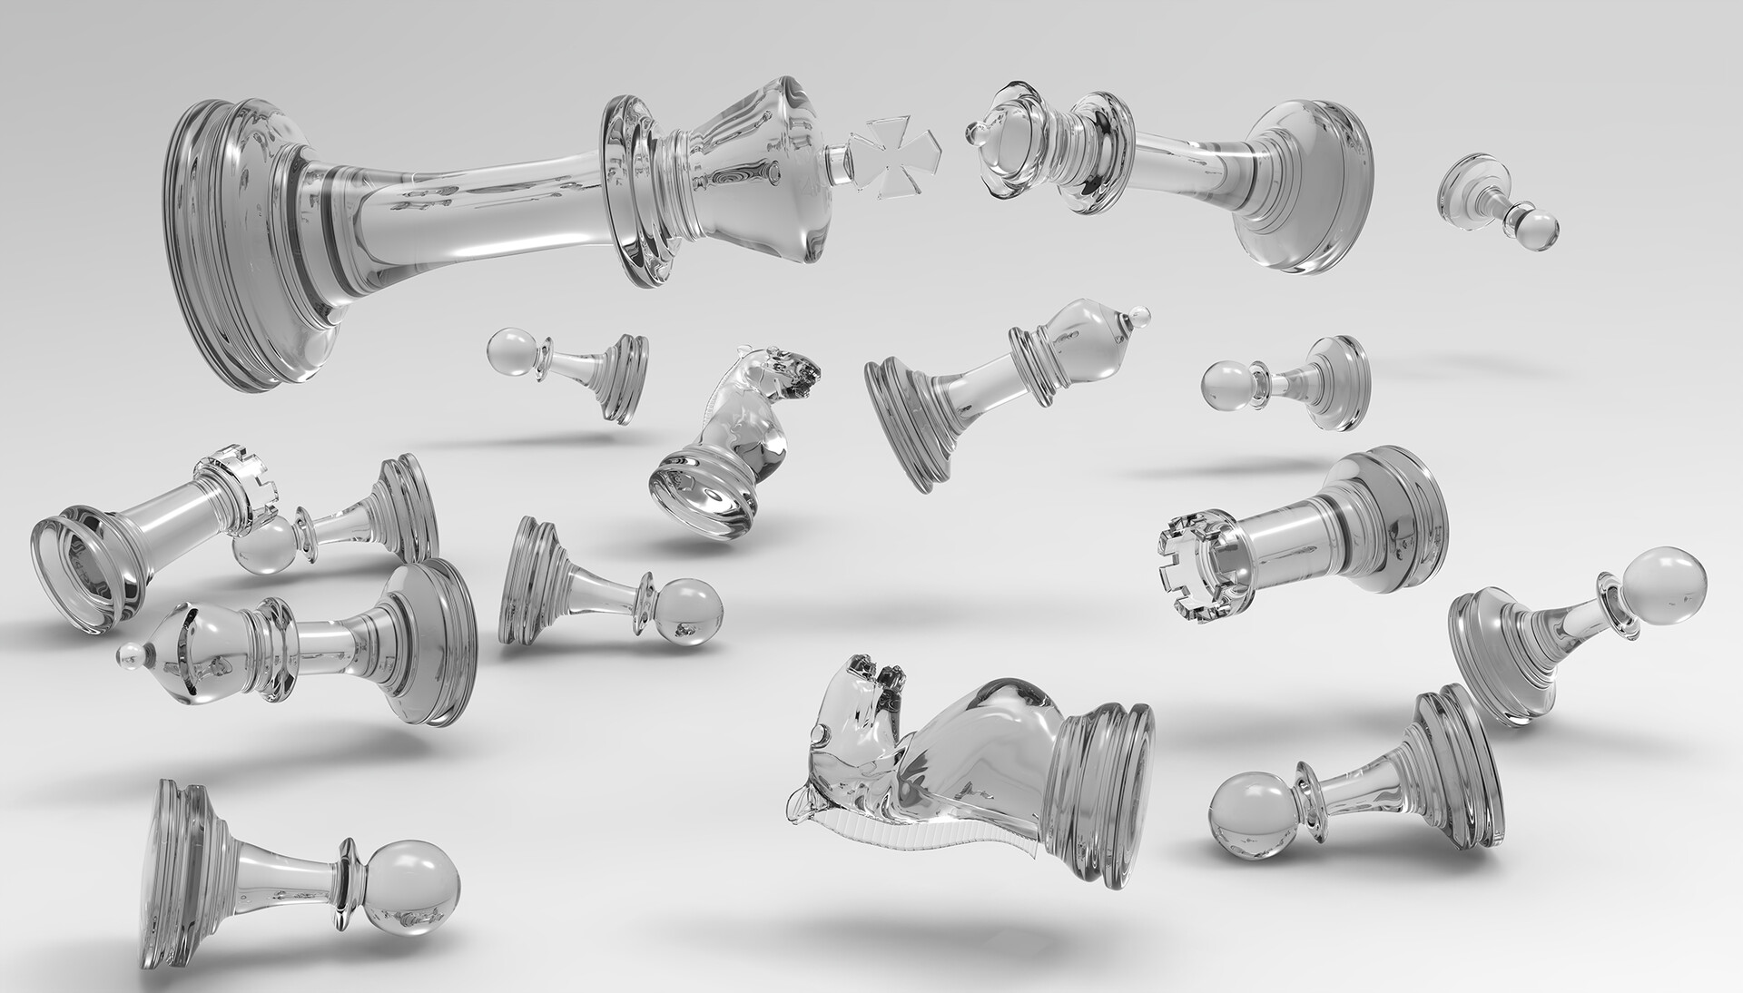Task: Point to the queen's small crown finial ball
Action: click(977, 136)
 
